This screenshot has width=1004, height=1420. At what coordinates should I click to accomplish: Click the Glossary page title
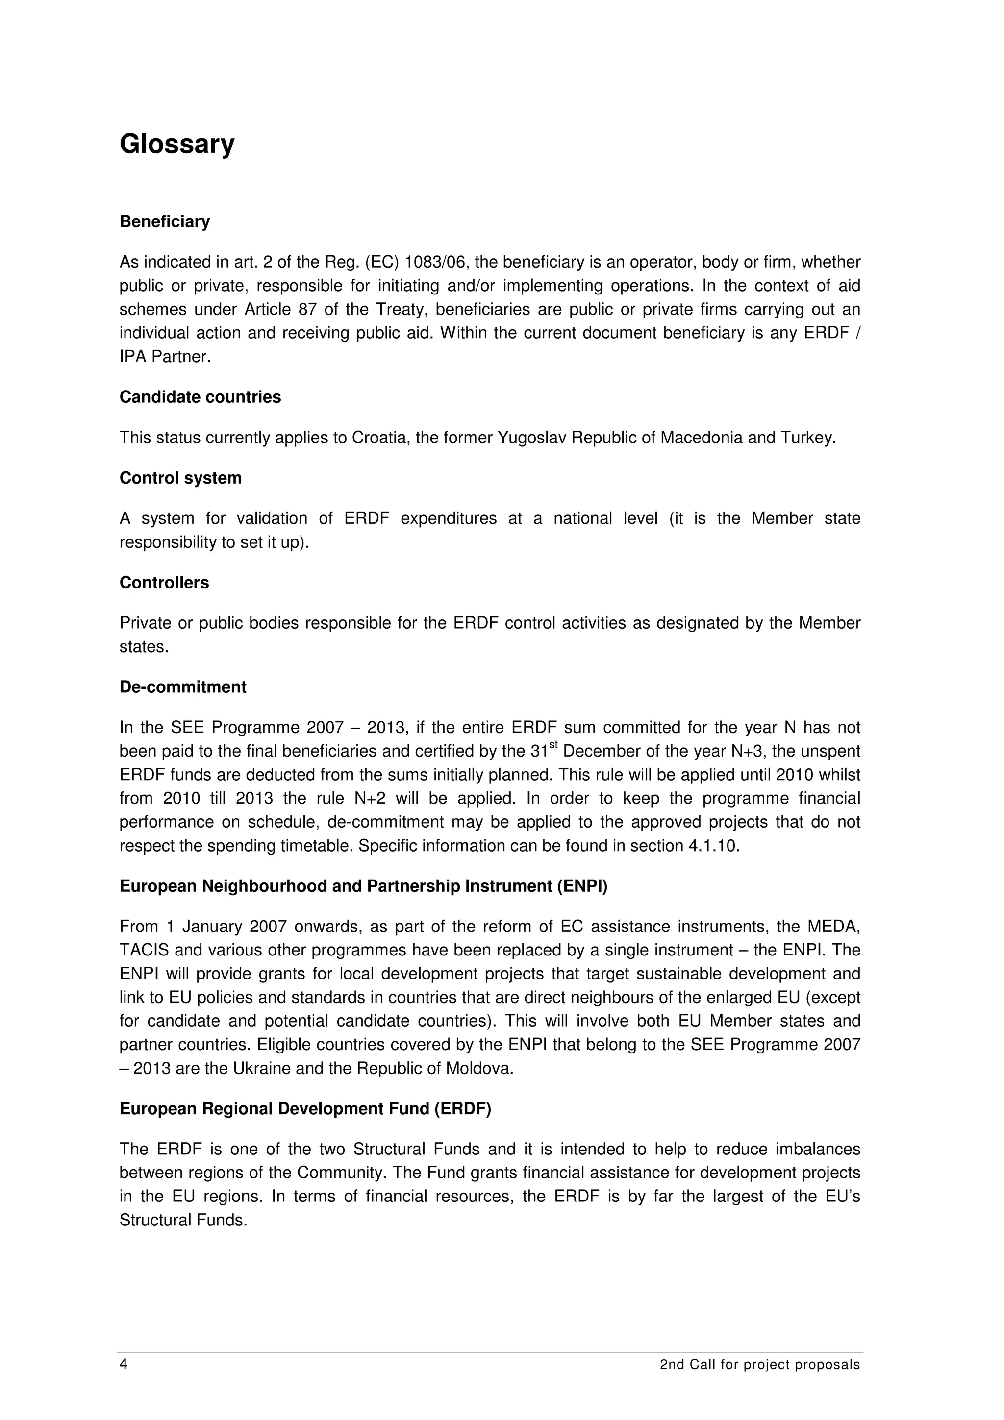tap(177, 145)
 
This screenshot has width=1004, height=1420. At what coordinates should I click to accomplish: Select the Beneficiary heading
tap(165, 221)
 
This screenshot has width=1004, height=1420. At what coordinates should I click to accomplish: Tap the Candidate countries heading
tap(200, 397)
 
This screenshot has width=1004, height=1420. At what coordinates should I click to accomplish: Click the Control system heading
tap(180, 478)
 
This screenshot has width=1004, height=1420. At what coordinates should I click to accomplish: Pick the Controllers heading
tap(164, 583)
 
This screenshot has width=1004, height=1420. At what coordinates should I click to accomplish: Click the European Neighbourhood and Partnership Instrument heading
tap(363, 886)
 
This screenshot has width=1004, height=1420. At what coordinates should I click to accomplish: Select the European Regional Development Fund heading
tap(305, 1109)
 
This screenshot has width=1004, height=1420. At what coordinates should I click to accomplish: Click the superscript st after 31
tap(553, 746)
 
